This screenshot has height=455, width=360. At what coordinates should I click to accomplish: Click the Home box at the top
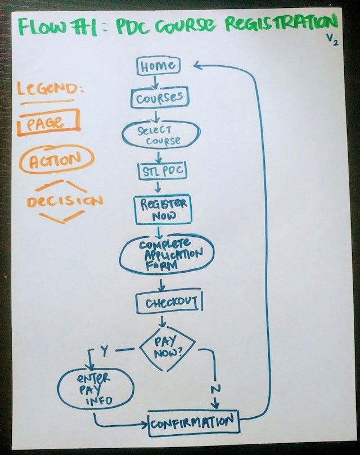157,65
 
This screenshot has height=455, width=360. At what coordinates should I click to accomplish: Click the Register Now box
163,209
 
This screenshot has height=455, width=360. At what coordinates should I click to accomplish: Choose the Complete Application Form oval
167,254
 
